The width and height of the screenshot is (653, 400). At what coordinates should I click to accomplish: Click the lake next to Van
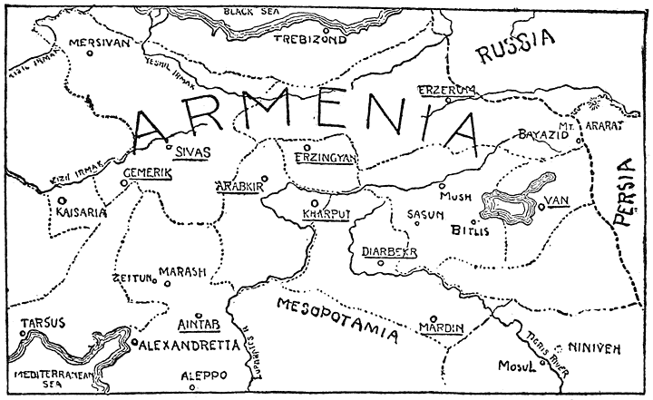[509, 208]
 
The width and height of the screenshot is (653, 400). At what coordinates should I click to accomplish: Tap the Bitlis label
[470, 231]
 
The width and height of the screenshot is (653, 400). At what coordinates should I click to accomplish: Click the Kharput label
[315, 216]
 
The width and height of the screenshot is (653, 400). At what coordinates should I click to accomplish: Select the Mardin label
[442, 327]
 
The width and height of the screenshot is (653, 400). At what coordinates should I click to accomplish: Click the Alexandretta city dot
[134, 343]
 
